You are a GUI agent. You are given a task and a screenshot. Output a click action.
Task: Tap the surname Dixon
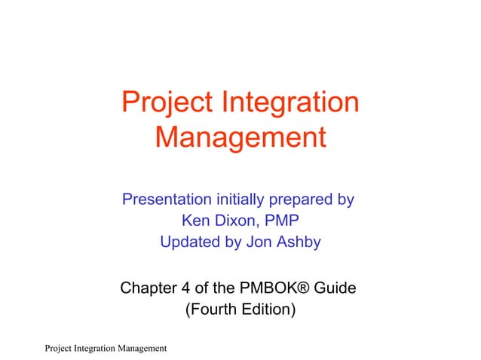click(237, 221)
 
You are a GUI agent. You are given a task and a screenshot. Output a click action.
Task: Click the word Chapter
click(149, 288)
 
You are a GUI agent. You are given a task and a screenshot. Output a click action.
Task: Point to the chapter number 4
click(186, 288)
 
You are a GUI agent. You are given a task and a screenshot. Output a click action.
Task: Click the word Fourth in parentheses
click(212, 309)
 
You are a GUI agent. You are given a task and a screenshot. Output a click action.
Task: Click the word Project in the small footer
click(60, 347)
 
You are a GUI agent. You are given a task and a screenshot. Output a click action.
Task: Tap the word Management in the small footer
click(139, 347)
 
